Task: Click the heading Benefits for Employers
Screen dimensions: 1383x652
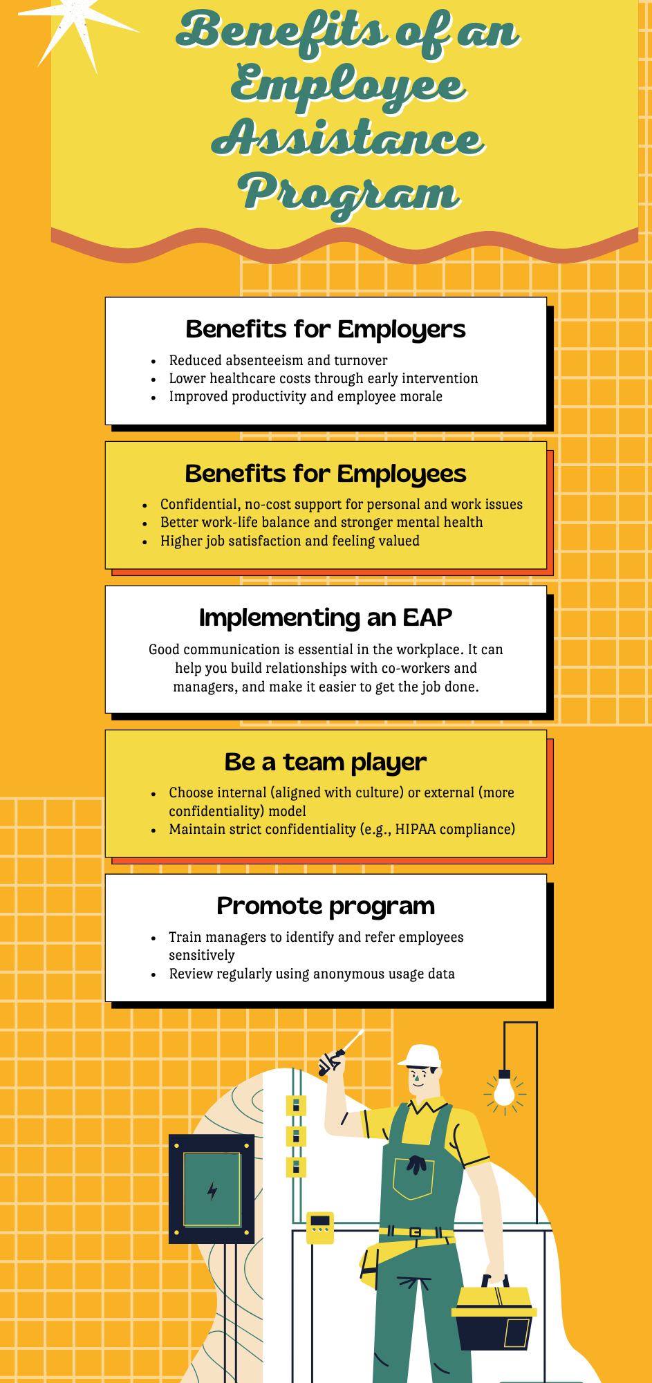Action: coord(325,330)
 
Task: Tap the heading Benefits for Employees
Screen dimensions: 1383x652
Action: coord(325,474)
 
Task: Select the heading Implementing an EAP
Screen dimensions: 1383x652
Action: coord(325,618)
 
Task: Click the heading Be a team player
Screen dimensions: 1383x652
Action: coord(325,762)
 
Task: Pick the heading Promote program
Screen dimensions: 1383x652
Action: coord(325,906)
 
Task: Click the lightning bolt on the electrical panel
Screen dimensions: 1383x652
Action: coord(212,1191)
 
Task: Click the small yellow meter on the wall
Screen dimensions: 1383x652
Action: coord(320,1228)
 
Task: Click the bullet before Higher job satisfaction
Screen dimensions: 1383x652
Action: coord(145,541)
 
